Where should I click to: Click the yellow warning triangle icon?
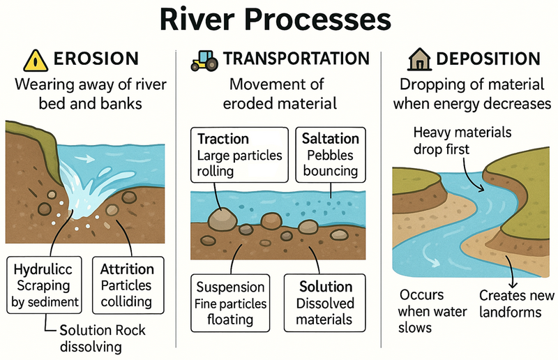36,61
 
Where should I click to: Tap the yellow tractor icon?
204,61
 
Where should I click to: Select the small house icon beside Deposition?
420,59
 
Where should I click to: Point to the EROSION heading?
96,59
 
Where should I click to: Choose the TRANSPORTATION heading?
296,59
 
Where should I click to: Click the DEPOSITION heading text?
488,59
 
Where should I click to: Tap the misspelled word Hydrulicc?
43,269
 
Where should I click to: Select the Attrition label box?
128,285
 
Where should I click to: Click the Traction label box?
239,155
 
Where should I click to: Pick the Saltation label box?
331,155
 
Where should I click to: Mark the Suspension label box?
230,303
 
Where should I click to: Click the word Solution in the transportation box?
326,287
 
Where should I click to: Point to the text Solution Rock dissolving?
103,338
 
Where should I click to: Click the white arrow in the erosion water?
84,158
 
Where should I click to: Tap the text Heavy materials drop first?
462,141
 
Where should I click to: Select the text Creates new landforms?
517,303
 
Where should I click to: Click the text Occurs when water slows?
432,311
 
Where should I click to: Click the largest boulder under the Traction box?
223,220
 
